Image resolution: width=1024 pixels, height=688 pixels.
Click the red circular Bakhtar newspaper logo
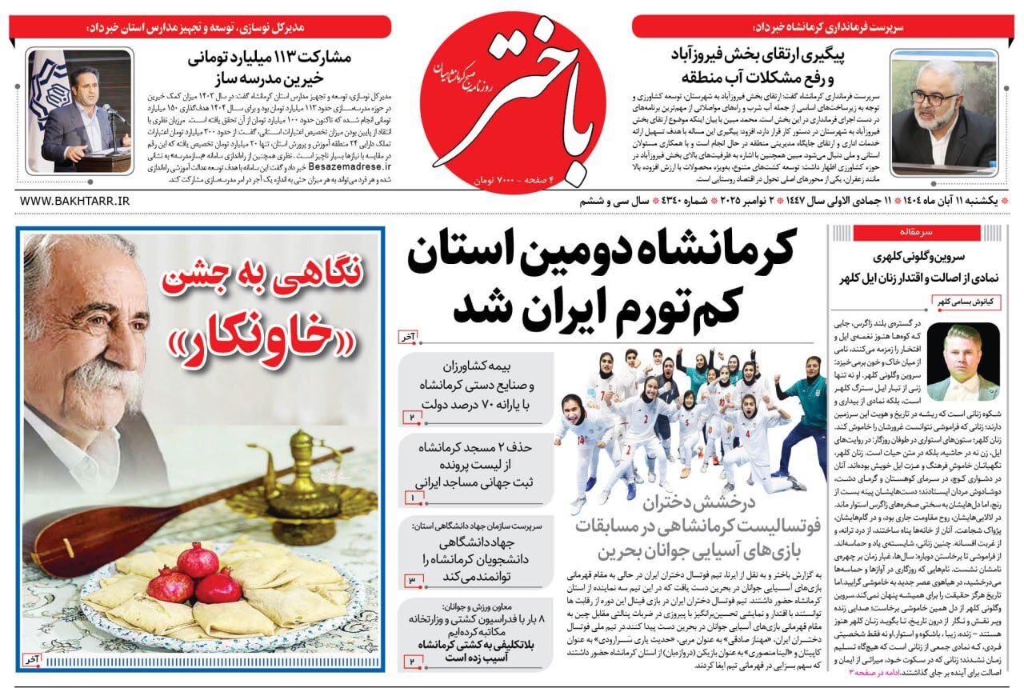tap(512, 100)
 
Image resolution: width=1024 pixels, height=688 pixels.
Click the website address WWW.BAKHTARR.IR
tap(74, 201)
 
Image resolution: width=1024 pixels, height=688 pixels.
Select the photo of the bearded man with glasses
tap(943, 114)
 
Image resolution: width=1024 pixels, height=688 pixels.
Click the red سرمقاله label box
tap(916, 233)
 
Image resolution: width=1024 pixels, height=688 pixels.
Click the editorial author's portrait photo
tap(962, 361)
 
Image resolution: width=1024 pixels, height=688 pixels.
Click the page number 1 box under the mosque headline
tap(412, 498)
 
